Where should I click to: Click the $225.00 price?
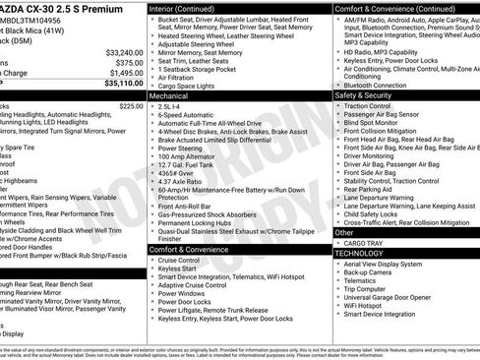point(131,105)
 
